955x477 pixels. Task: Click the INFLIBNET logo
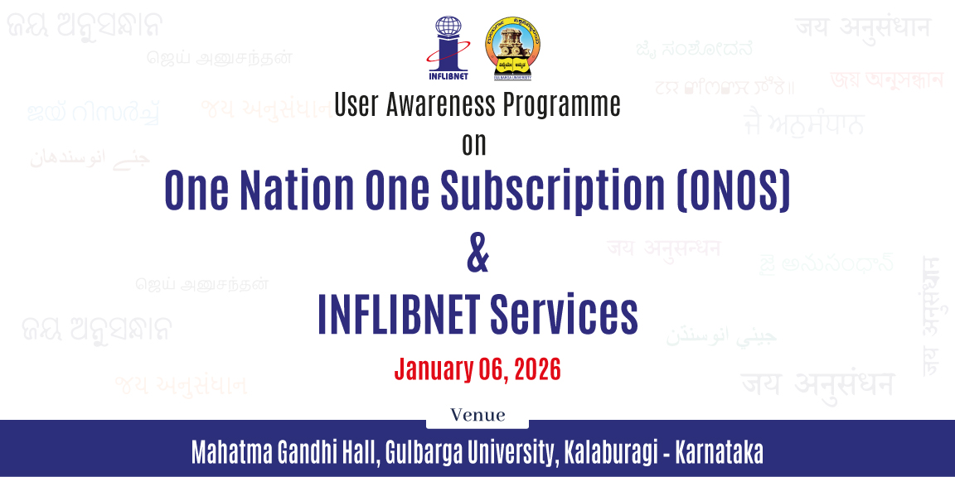click(x=448, y=48)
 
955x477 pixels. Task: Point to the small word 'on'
click(x=474, y=144)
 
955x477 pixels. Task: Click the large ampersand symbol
click(x=477, y=255)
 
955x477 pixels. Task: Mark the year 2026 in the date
click(x=537, y=369)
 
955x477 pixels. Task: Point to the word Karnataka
click(x=720, y=452)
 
